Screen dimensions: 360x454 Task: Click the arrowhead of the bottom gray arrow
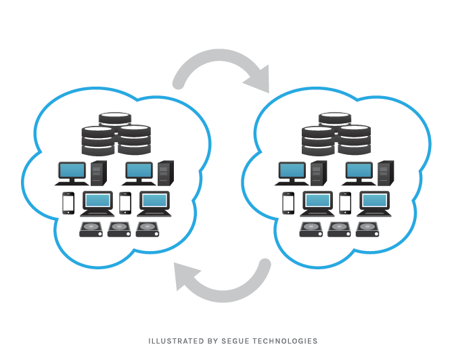pos(189,277)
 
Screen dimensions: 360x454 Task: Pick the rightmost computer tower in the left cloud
pos(165,173)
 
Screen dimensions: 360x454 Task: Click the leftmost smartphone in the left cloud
pos(68,203)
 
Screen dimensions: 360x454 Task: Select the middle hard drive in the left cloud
pos(119,229)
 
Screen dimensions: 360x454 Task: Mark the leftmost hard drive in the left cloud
pos(91,229)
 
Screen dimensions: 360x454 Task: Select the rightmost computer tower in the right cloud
pos(386,173)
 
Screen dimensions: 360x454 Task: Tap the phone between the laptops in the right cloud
pos(345,203)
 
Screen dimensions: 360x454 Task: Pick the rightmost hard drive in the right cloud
pos(367,229)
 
